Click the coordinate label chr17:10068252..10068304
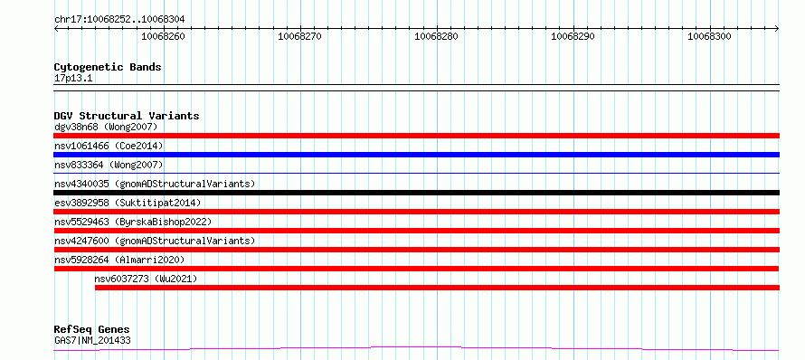point(119,20)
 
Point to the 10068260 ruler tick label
point(163,36)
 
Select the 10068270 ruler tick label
point(299,36)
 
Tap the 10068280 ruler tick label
point(436,36)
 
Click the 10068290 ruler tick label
point(573,36)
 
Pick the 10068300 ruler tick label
point(709,36)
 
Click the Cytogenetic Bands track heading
point(108,67)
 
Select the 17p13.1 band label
point(73,79)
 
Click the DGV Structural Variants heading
point(127,116)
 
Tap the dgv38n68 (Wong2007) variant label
point(106,127)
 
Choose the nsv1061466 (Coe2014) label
point(109,146)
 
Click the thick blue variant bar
point(416,155)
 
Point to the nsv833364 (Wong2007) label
point(109,165)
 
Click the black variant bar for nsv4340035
point(416,193)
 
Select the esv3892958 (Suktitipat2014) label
point(128,203)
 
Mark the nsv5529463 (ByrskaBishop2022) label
point(133,222)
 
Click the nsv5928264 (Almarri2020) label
point(119,260)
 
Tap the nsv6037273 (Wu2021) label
point(146,279)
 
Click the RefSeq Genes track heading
point(92,329)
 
